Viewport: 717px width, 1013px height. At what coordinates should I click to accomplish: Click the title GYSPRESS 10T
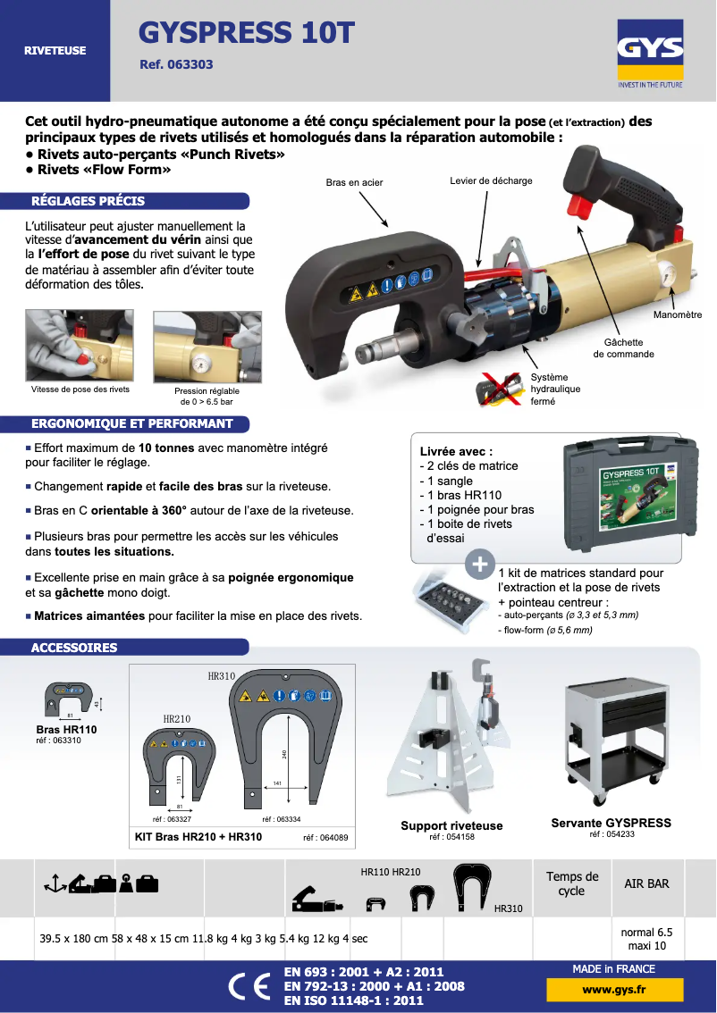point(246,33)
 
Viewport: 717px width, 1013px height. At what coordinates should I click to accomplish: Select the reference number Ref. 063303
point(176,65)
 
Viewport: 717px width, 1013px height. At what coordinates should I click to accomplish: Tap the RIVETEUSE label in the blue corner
point(55,51)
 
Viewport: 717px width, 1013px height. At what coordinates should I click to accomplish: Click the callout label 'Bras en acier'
point(354,183)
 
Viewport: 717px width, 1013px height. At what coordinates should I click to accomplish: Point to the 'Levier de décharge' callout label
point(490,181)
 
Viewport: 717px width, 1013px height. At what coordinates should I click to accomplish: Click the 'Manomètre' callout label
point(677,314)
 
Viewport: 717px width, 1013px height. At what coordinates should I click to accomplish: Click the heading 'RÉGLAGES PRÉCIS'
point(88,201)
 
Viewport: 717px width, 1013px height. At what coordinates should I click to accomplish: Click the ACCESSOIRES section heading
point(74,648)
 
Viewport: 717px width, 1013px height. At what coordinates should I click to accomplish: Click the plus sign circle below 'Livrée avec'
point(480,564)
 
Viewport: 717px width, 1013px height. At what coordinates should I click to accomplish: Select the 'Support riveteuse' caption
point(451,825)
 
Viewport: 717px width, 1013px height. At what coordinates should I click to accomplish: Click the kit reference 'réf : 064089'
point(325,838)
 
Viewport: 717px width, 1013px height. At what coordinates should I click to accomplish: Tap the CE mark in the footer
point(248,986)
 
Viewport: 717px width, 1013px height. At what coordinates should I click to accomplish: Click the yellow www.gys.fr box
point(614,990)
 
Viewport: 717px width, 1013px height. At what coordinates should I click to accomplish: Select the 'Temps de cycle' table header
point(572,883)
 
